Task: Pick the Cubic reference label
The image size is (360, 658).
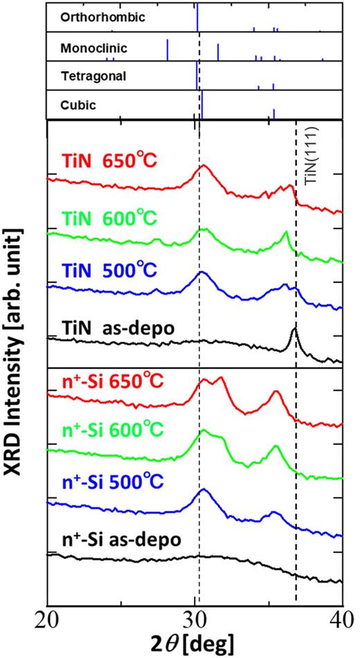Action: tap(78, 106)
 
